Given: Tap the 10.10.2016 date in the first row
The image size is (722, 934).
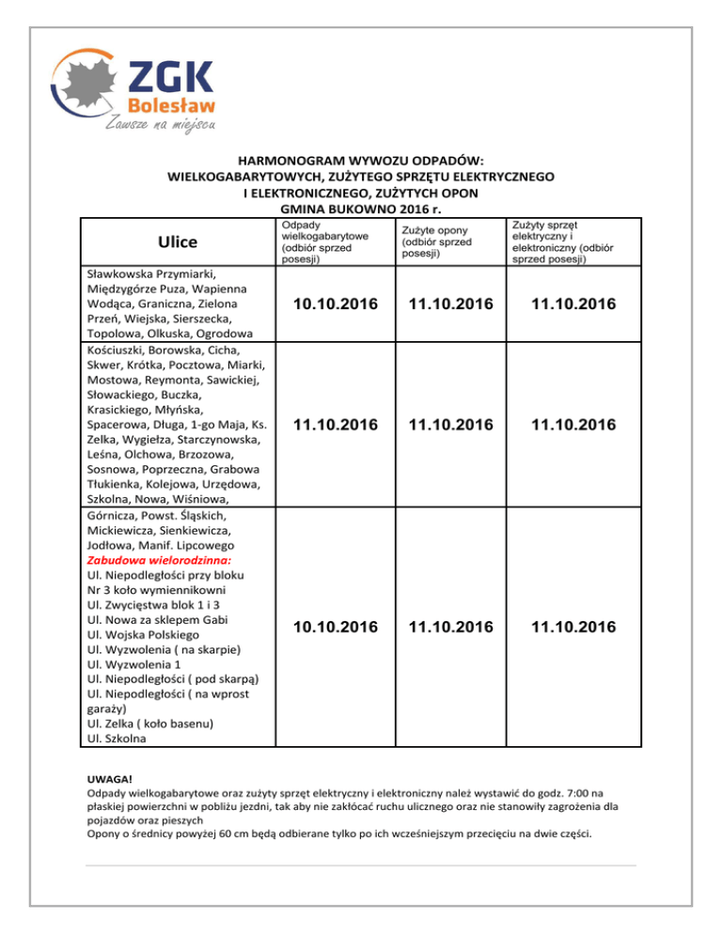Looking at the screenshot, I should [x=328, y=304].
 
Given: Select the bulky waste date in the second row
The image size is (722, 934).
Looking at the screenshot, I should [x=328, y=426].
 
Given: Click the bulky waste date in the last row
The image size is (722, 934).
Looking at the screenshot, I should [x=328, y=627].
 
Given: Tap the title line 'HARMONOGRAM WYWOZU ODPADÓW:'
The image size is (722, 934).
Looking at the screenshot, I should [x=361, y=160].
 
